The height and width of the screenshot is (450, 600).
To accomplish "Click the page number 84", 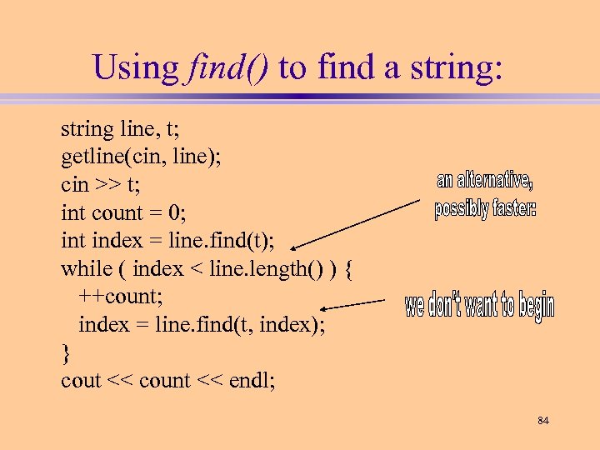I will [543, 421].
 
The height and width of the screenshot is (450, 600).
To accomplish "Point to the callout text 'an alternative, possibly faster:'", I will [485, 195].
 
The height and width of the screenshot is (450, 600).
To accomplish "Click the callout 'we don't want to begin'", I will [479, 307].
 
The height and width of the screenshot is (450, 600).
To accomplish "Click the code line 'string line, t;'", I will [118, 129].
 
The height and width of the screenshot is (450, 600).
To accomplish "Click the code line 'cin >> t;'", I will [98, 185].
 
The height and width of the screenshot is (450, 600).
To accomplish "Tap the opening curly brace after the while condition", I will [348, 268].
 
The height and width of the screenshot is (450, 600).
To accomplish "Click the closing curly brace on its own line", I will [67, 352].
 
